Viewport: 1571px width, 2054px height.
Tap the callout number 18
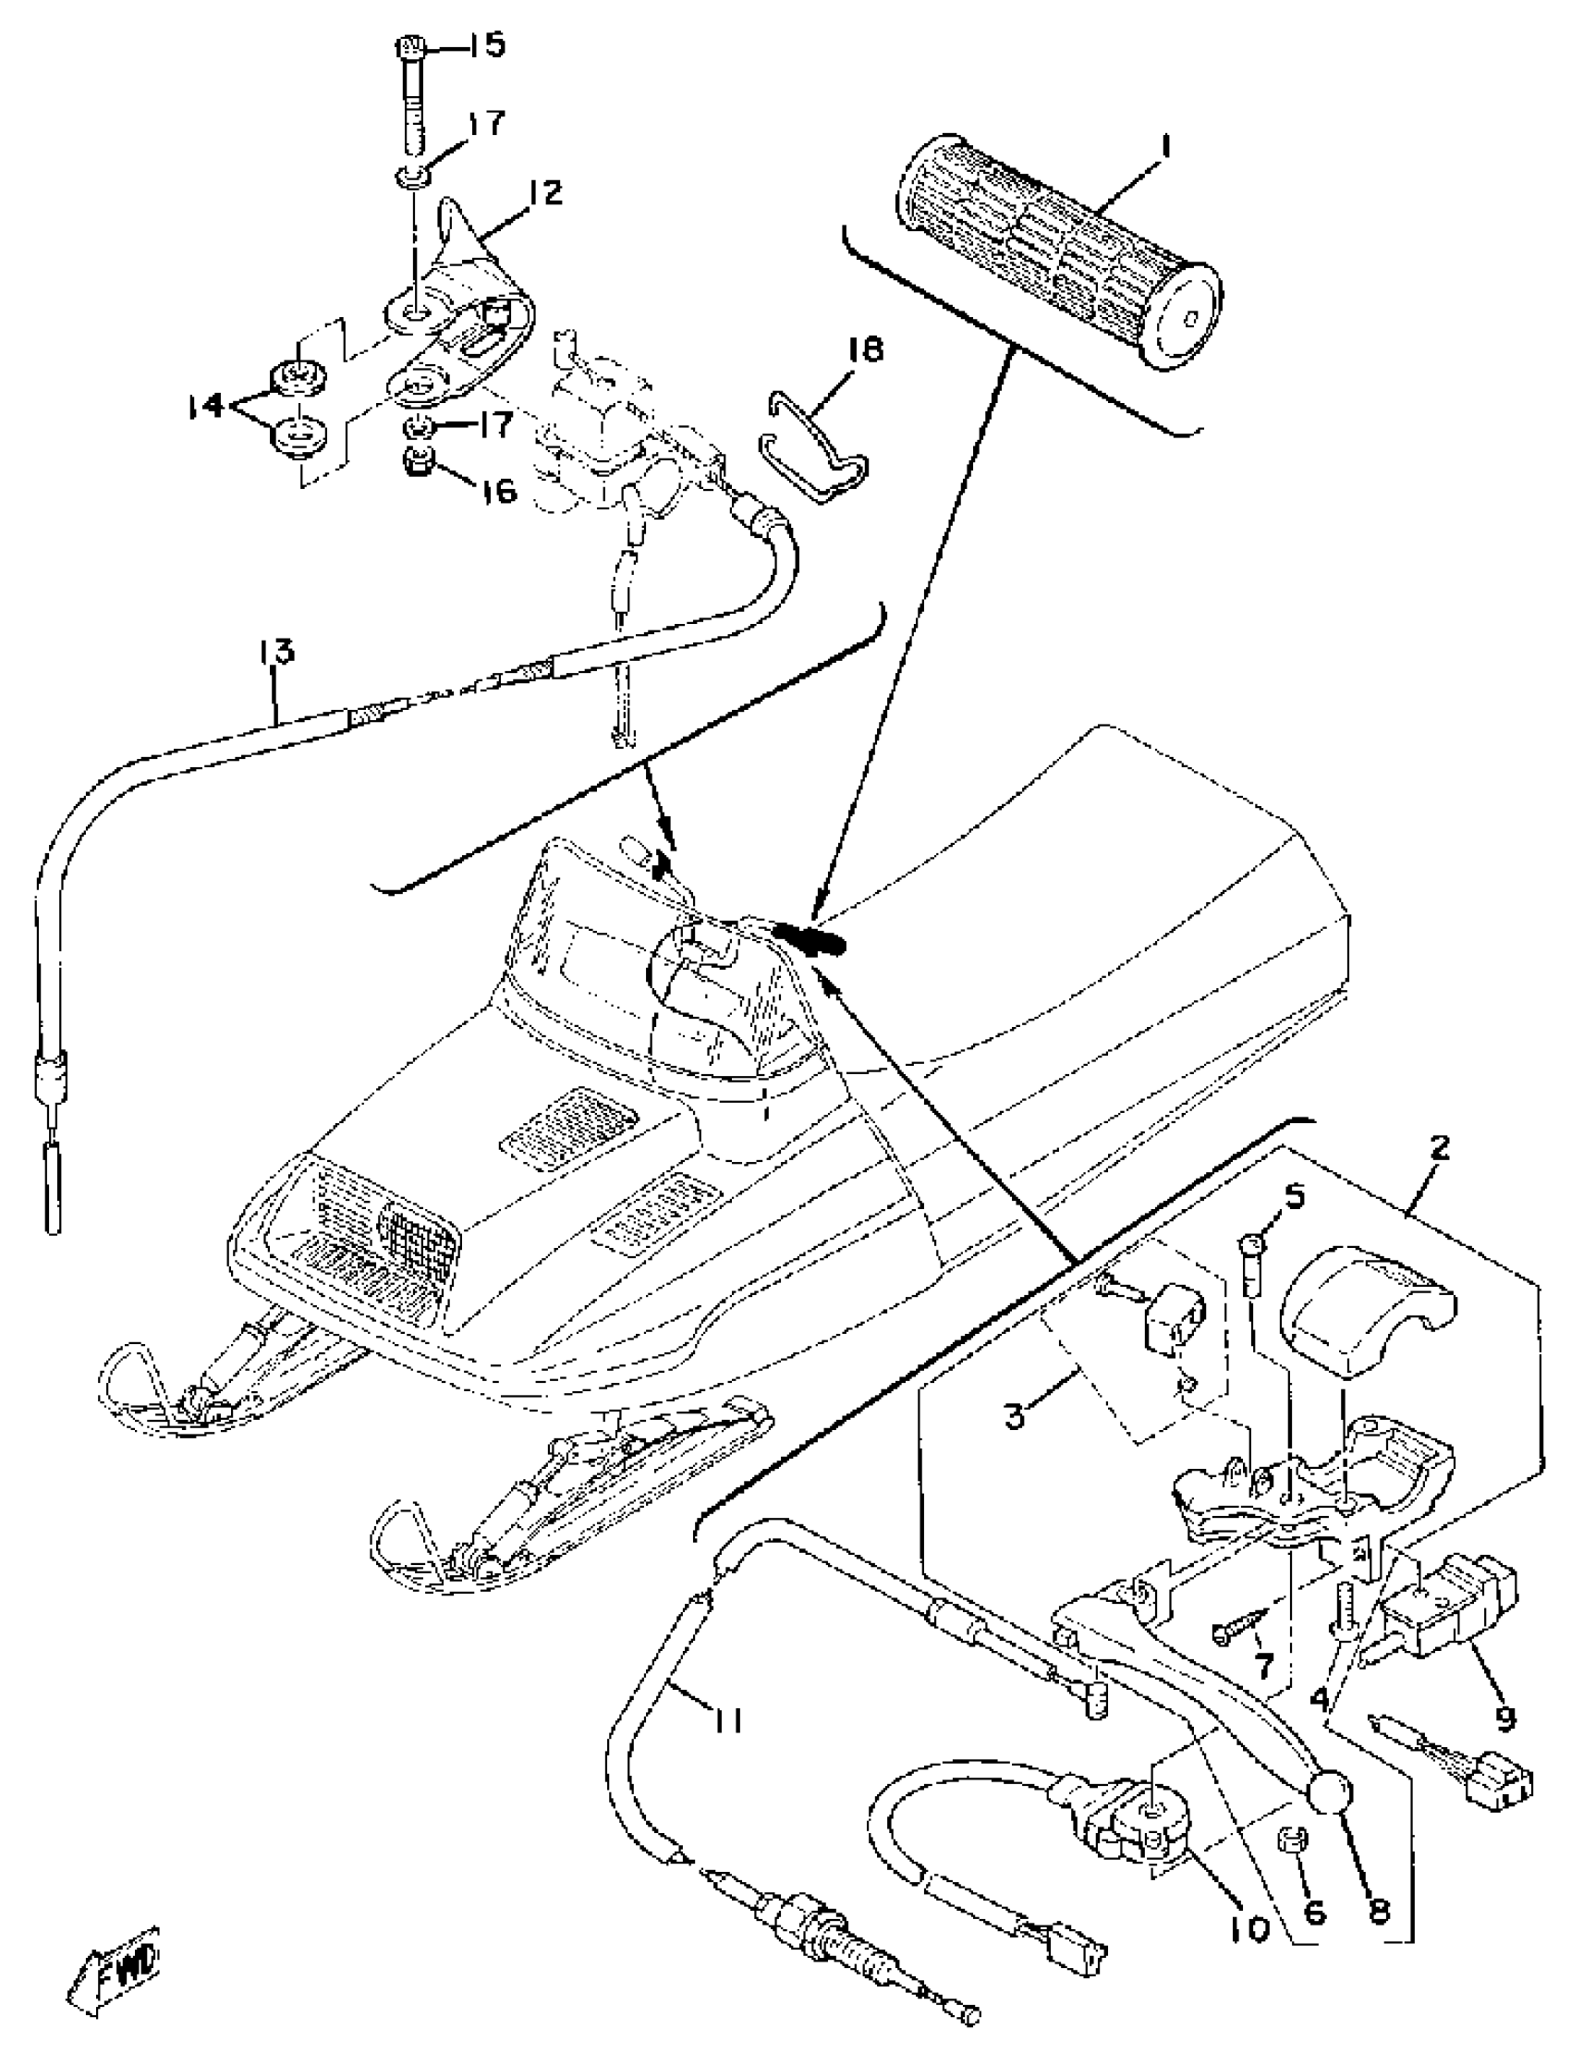864,350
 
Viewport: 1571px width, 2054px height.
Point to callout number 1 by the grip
1166,147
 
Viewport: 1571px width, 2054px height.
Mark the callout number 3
1017,1417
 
